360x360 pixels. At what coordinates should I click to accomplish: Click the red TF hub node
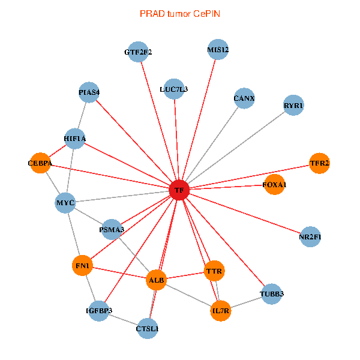[179, 190]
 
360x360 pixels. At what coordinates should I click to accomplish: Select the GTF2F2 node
[139, 52]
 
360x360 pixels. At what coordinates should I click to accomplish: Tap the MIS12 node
[218, 50]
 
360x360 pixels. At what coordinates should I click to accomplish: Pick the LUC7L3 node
[174, 89]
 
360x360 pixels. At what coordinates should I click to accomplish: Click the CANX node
[244, 98]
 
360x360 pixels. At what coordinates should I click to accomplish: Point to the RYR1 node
[293, 106]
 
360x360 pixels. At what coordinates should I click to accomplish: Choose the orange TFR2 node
[319, 163]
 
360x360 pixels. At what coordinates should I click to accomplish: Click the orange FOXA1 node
[274, 185]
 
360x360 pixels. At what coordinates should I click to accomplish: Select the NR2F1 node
[310, 236]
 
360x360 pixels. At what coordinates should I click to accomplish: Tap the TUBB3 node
[272, 294]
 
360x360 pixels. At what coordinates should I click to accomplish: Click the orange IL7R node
[221, 311]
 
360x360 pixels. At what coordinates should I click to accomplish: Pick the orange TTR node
[214, 271]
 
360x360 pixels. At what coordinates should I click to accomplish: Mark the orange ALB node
[156, 280]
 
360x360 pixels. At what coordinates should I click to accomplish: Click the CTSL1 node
[148, 328]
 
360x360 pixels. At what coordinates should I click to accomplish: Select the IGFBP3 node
[99, 310]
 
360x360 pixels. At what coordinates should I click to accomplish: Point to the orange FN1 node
[82, 265]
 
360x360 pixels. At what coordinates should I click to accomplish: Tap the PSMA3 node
[112, 229]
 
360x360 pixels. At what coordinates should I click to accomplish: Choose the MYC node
[65, 203]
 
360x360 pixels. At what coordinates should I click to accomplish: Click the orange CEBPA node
[40, 163]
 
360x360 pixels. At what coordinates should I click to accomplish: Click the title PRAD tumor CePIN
[179, 13]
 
